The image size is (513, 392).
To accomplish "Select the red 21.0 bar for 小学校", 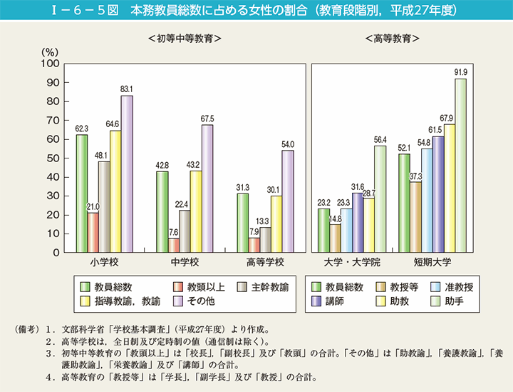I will (93, 232).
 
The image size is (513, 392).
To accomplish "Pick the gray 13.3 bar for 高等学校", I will (264, 239).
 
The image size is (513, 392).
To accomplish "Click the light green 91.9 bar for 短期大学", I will (460, 165).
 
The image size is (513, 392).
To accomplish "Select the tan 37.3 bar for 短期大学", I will (415, 216).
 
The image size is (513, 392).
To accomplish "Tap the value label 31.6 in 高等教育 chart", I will (357, 187).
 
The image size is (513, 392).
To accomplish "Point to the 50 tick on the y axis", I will (51, 158).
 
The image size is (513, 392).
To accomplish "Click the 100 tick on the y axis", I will (48, 63).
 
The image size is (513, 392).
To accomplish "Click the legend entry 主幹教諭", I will (269, 286).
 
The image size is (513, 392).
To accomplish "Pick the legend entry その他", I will (201, 301).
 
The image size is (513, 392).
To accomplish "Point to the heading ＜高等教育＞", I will (391, 38).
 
